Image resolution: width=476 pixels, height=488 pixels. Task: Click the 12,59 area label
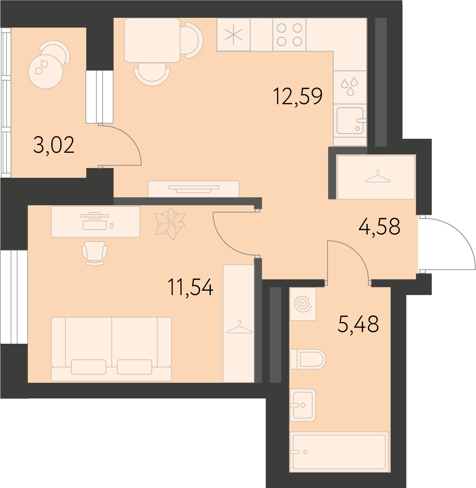[x=298, y=96]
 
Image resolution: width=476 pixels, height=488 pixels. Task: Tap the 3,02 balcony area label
[x=54, y=145]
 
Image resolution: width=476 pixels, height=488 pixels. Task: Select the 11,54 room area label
[x=190, y=287]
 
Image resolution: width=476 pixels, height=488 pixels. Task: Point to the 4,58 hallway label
[x=379, y=226]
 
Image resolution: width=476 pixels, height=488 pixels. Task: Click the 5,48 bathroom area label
[x=358, y=324]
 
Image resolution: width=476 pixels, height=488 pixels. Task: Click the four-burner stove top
[x=289, y=34]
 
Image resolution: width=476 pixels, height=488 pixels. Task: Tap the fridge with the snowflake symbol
[x=233, y=34]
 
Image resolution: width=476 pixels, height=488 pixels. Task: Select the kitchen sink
[x=350, y=121]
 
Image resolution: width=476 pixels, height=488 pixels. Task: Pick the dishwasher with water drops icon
[x=350, y=87]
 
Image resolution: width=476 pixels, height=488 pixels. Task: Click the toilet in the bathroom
[x=308, y=359]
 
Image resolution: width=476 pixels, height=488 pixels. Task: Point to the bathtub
[x=339, y=452]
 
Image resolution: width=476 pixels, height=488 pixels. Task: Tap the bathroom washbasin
[x=303, y=405]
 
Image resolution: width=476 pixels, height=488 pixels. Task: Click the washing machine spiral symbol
[x=303, y=304]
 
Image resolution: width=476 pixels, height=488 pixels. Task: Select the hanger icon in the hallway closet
[x=377, y=177]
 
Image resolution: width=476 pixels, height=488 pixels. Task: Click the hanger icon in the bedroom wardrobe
[x=239, y=328]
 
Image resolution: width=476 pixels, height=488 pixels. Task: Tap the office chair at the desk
[x=95, y=253]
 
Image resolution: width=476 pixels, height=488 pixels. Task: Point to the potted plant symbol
[x=170, y=224]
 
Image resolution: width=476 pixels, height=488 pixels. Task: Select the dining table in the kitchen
[x=152, y=40]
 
